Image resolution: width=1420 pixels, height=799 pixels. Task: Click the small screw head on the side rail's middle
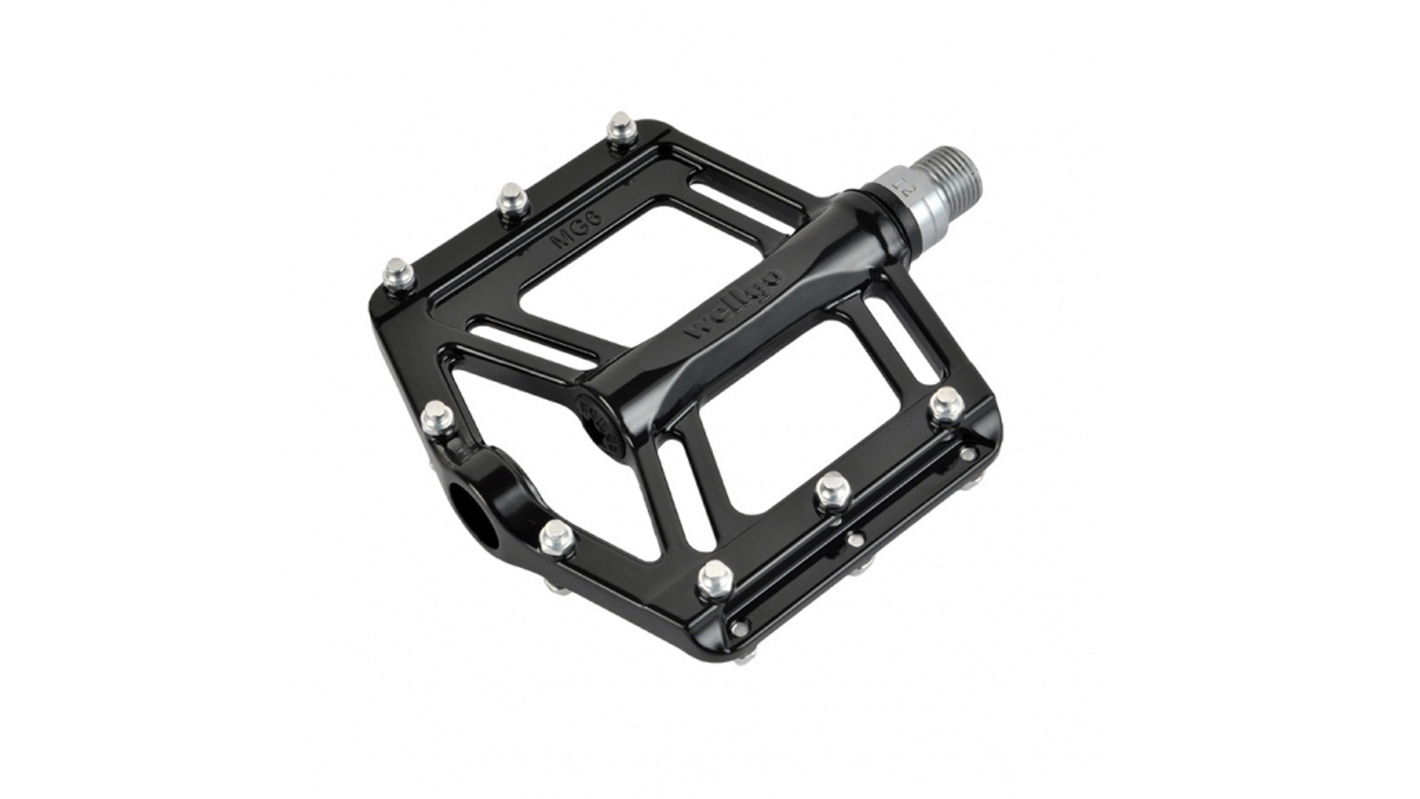coord(856,542)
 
